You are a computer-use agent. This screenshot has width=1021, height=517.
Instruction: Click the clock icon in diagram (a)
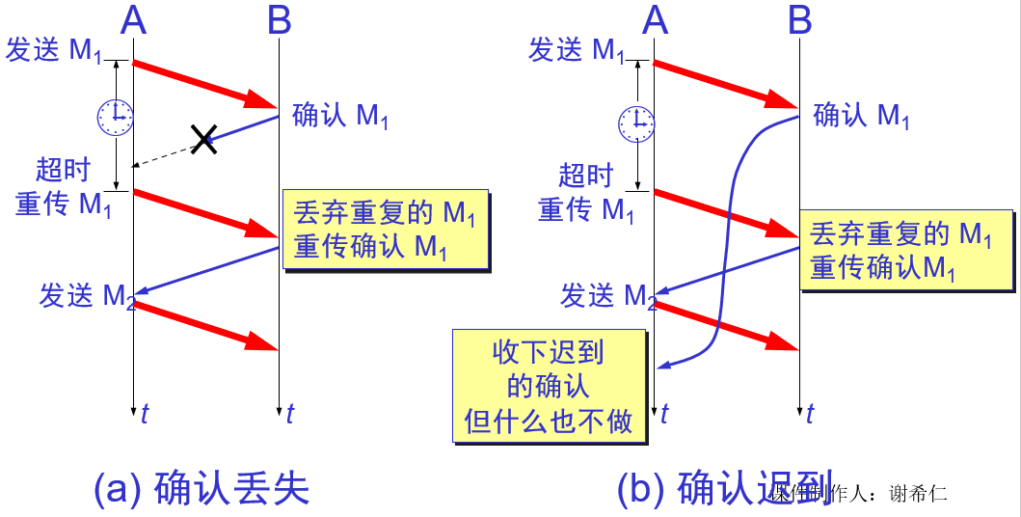tap(114, 117)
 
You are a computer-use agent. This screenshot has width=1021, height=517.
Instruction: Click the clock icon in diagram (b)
tap(635, 122)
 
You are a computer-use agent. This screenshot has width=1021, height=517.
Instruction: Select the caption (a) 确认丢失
tap(202, 489)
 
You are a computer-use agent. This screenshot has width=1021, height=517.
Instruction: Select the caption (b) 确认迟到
tap(725, 489)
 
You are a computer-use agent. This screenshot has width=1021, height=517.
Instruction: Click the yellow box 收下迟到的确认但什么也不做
tap(549, 386)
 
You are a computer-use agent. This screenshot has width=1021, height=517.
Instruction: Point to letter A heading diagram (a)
tap(134, 19)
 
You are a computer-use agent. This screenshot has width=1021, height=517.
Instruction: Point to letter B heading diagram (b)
tap(800, 19)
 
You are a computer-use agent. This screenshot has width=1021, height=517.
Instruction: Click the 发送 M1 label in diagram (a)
tap(54, 50)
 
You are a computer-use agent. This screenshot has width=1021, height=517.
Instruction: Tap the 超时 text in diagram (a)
tap(63, 171)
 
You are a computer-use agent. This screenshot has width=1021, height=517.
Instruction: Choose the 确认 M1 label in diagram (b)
tap(862, 116)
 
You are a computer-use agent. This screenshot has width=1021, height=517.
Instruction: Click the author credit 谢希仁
tap(922, 493)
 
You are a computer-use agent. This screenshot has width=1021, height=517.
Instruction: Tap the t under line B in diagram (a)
tap(289, 414)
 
